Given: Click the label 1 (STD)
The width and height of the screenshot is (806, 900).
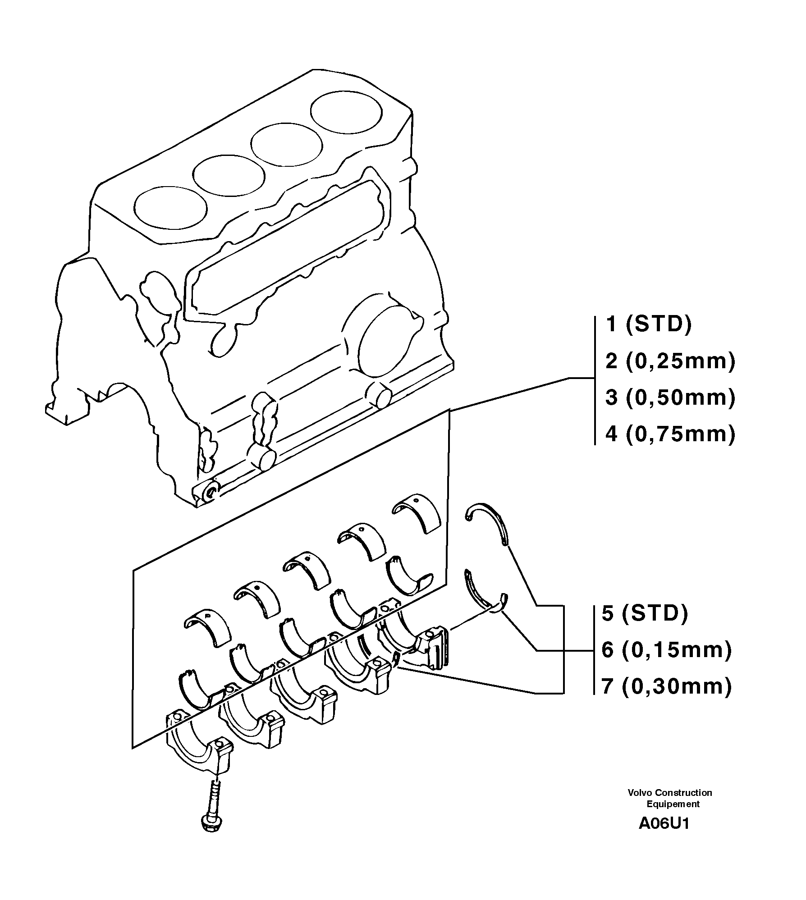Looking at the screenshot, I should (648, 324).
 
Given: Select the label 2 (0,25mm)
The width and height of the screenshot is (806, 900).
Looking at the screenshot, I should (670, 361).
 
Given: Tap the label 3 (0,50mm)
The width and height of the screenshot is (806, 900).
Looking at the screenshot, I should (670, 398).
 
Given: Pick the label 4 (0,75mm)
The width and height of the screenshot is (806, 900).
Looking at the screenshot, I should (670, 434).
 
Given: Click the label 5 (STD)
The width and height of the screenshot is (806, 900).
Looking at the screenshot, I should (645, 614).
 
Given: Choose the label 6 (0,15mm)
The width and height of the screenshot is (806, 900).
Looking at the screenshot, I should (667, 650).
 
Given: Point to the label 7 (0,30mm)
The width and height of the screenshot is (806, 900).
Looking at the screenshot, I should (667, 686).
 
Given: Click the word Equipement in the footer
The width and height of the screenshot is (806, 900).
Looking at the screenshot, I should (673, 804).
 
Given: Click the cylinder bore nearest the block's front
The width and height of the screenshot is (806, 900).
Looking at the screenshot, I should (170, 206).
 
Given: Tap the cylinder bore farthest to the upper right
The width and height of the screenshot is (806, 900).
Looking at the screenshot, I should (346, 113).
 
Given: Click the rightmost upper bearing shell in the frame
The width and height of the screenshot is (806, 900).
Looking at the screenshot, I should (417, 513).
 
